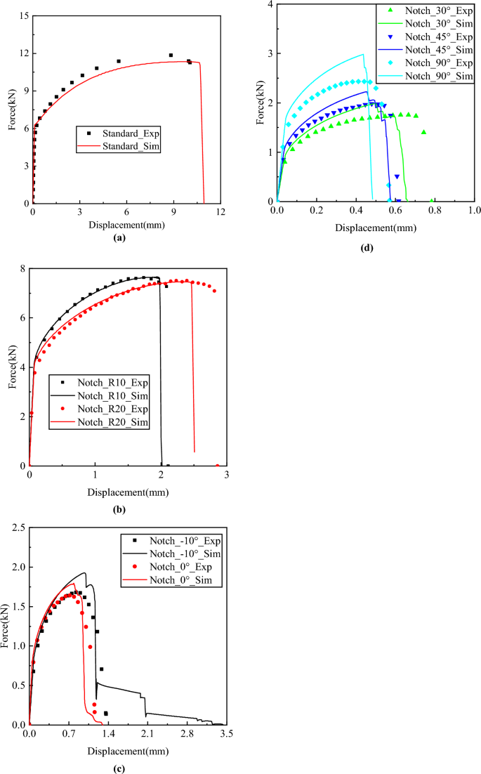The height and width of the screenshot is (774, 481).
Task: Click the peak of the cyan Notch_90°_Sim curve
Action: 363,54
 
